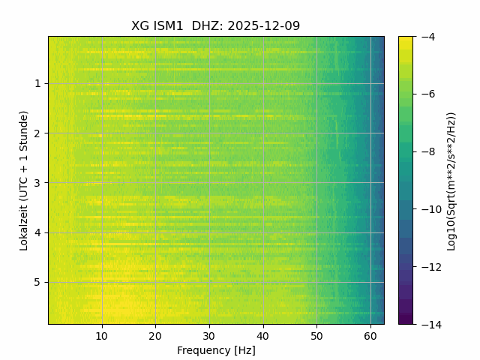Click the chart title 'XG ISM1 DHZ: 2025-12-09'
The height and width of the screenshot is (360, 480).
(216, 26)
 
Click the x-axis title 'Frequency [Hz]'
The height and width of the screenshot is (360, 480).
(216, 350)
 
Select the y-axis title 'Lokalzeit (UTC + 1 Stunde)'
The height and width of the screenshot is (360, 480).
(24, 180)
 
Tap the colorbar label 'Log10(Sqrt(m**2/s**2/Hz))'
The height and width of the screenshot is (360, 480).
(451, 180)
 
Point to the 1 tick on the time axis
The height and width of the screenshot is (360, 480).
(37, 83)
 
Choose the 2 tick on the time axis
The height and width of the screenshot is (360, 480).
(37, 133)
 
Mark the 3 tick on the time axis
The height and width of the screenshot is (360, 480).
(37, 183)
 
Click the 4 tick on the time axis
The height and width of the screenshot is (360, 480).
(37, 232)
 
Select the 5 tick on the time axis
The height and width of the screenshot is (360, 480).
(37, 282)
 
